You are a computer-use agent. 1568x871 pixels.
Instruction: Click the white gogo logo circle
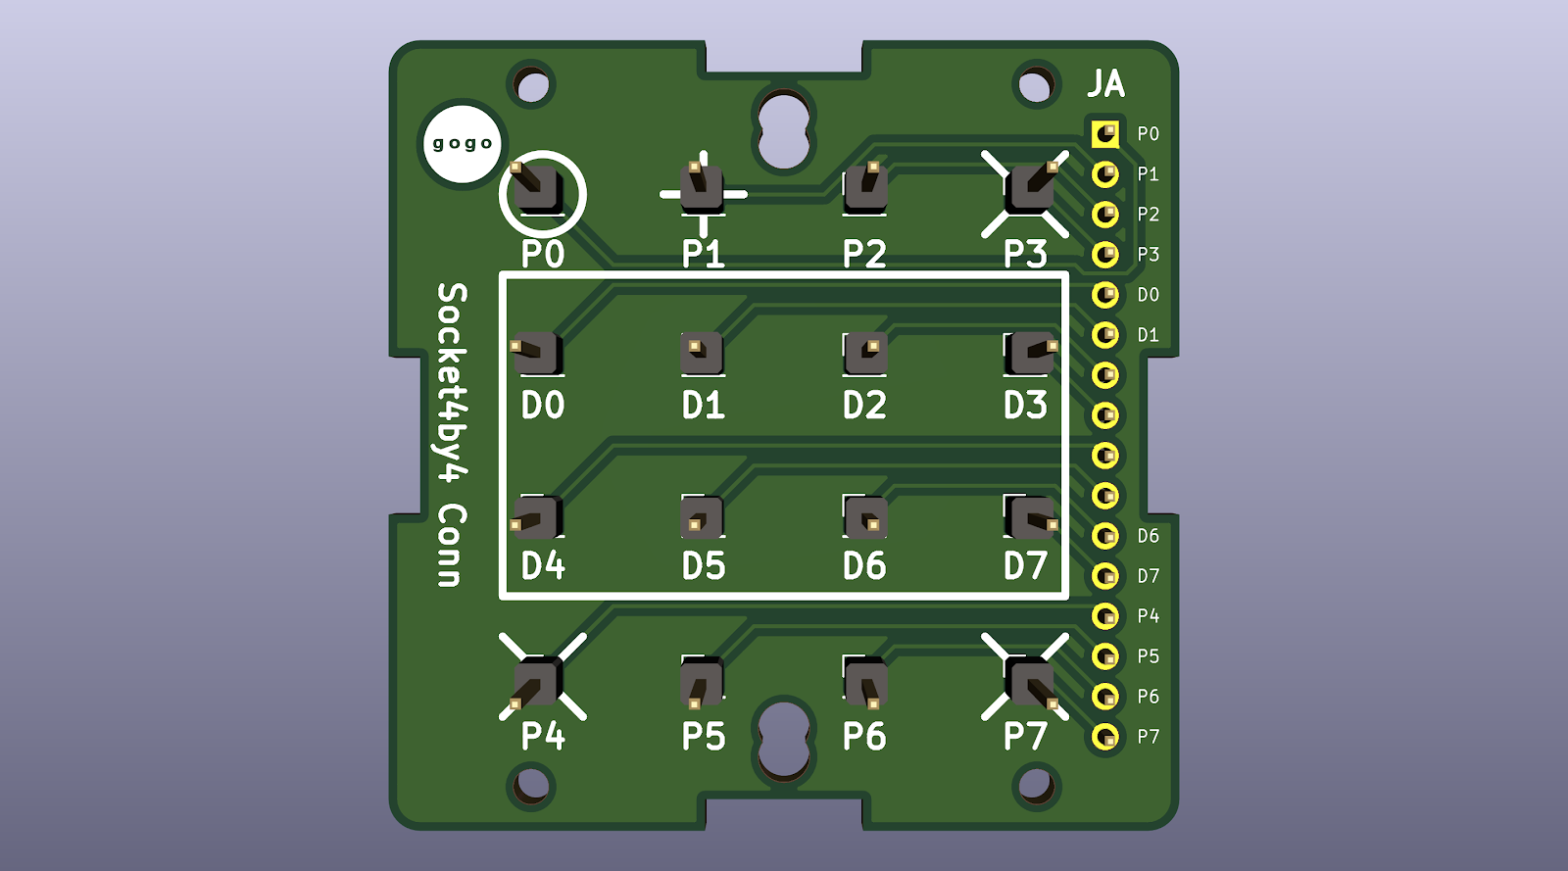pos(463,143)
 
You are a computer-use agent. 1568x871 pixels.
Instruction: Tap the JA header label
pos(1106,83)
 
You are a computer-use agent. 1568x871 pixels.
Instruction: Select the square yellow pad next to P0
pos(1105,133)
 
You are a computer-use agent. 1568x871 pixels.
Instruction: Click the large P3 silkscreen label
pos(1025,253)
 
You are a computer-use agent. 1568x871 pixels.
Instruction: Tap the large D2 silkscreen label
pos(864,405)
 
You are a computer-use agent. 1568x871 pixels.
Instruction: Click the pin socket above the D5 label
pos(702,517)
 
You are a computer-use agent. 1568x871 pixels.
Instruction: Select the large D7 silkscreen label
pos(1025,565)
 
